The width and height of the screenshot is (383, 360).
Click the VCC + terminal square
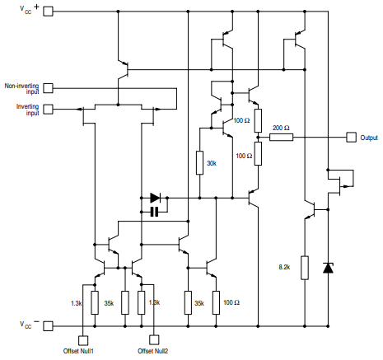(47, 12)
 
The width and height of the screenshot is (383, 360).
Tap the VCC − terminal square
(47, 325)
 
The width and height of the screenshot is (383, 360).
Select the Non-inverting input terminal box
(47, 88)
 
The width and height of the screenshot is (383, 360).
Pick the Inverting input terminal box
(47, 109)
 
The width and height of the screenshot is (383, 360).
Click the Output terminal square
(352, 138)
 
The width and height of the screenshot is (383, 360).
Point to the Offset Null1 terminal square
(83, 339)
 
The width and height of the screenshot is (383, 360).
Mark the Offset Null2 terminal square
(154, 339)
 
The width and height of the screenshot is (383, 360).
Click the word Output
(370, 138)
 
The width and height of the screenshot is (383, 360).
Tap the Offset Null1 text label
(83, 353)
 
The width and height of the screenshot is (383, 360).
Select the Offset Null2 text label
(154, 353)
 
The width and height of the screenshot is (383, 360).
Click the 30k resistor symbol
(199, 163)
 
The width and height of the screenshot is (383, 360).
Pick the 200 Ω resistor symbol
(282, 138)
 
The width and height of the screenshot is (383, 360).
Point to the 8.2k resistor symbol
(305, 268)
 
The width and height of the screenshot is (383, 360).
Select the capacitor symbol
(153, 213)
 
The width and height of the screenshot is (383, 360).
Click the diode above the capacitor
(155, 199)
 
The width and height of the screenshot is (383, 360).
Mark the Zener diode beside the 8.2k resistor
(329, 268)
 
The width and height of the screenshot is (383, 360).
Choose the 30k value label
(212, 163)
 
